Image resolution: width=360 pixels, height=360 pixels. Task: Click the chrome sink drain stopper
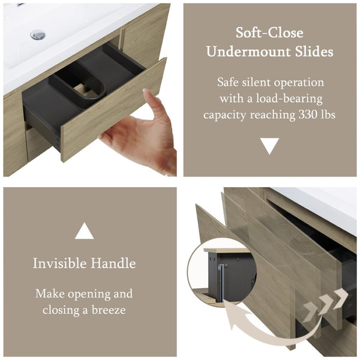point(38,35)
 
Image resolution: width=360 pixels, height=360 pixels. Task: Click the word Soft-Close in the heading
point(269,32)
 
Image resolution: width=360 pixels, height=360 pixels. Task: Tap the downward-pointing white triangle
point(269,146)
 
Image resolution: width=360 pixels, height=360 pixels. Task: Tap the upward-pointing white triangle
point(84,230)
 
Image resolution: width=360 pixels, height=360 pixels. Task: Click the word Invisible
point(59,263)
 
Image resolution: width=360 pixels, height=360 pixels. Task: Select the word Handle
point(113,263)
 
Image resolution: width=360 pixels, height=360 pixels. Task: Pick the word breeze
point(109,310)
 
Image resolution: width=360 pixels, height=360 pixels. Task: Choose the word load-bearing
point(289,99)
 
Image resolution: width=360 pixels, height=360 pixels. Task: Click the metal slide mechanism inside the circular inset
point(221,283)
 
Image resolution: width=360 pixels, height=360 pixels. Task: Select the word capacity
point(225,115)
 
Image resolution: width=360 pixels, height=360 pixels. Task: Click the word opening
point(89,295)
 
